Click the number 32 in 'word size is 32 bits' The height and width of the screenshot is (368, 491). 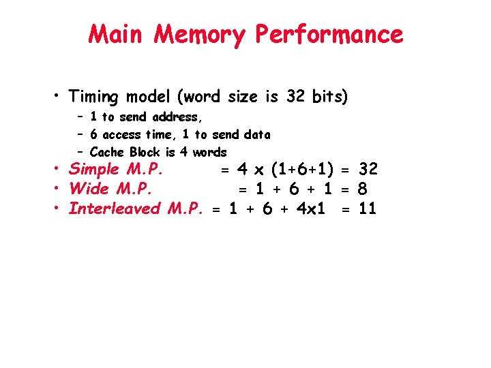295,97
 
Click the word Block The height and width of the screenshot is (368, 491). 145,152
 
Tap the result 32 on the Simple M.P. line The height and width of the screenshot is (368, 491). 367,169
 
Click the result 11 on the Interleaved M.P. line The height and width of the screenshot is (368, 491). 367,208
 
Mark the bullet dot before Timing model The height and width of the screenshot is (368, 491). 59,97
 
